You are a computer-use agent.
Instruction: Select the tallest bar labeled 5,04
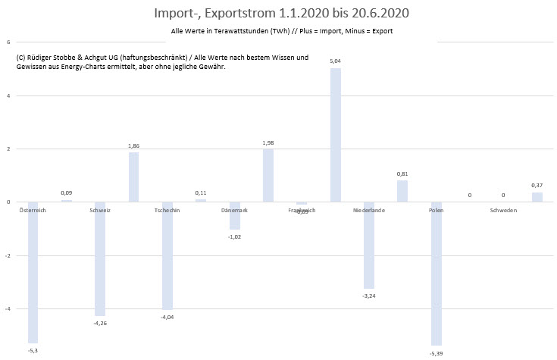[x=335, y=135]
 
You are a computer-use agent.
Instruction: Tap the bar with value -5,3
[x=33, y=272]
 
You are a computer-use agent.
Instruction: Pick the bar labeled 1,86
[x=133, y=177]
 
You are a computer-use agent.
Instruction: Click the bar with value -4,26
[x=100, y=258]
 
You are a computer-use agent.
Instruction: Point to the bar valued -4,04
[x=167, y=255]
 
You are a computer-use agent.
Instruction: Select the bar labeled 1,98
[x=268, y=175]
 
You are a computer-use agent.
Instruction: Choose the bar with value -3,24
[x=368, y=245]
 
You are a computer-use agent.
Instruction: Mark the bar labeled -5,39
[x=436, y=274]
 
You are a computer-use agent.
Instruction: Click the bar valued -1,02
[x=234, y=215]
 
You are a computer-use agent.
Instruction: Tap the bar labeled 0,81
[x=402, y=191]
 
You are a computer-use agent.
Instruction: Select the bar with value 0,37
[x=537, y=197]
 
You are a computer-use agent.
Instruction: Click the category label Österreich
[x=33, y=210]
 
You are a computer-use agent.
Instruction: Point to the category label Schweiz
[x=100, y=210]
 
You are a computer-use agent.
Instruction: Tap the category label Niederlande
[x=369, y=210]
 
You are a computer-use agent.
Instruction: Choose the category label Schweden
[x=503, y=210]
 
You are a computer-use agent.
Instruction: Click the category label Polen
[x=436, y=210]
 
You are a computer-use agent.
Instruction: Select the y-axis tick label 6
[x=8, y=42]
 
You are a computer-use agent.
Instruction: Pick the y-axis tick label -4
[x=7, y=309]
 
